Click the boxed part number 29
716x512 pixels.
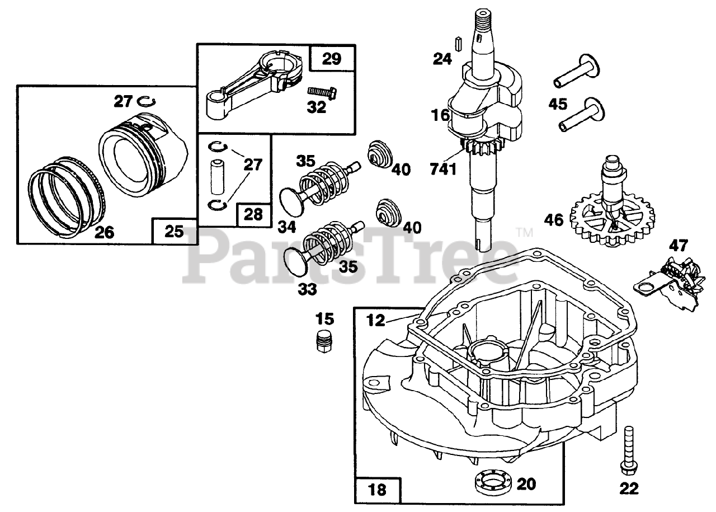click(331, 58)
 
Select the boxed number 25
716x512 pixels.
click(174, 231)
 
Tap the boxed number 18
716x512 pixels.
click(378, 490)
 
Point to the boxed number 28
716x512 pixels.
click(253, 215)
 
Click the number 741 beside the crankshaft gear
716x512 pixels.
click(444, 167)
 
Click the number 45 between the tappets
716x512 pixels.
click(573, 104)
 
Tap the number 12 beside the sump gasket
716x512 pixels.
click(376, 320)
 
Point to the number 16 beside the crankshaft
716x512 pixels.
click(441, 116)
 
